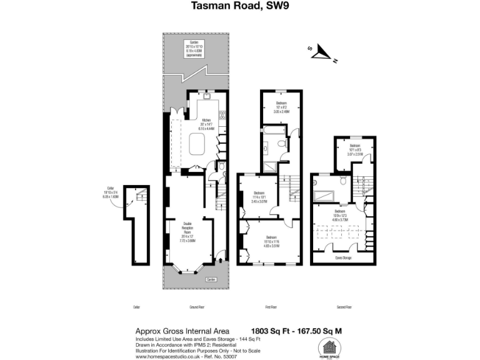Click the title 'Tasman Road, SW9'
click(x=240, y=6)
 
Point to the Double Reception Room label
click(x=188, y=231)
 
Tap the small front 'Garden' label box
click(x=211, y=279)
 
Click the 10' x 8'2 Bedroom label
click(x=282, y=107)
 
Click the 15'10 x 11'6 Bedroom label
click(x=272, y=242)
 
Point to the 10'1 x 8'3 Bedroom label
click(x=356, y=149)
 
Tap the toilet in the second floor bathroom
click(x=342, y=181)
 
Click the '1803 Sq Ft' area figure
click(x=271, y=331)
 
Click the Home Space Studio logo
click(x=331, y=347)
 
